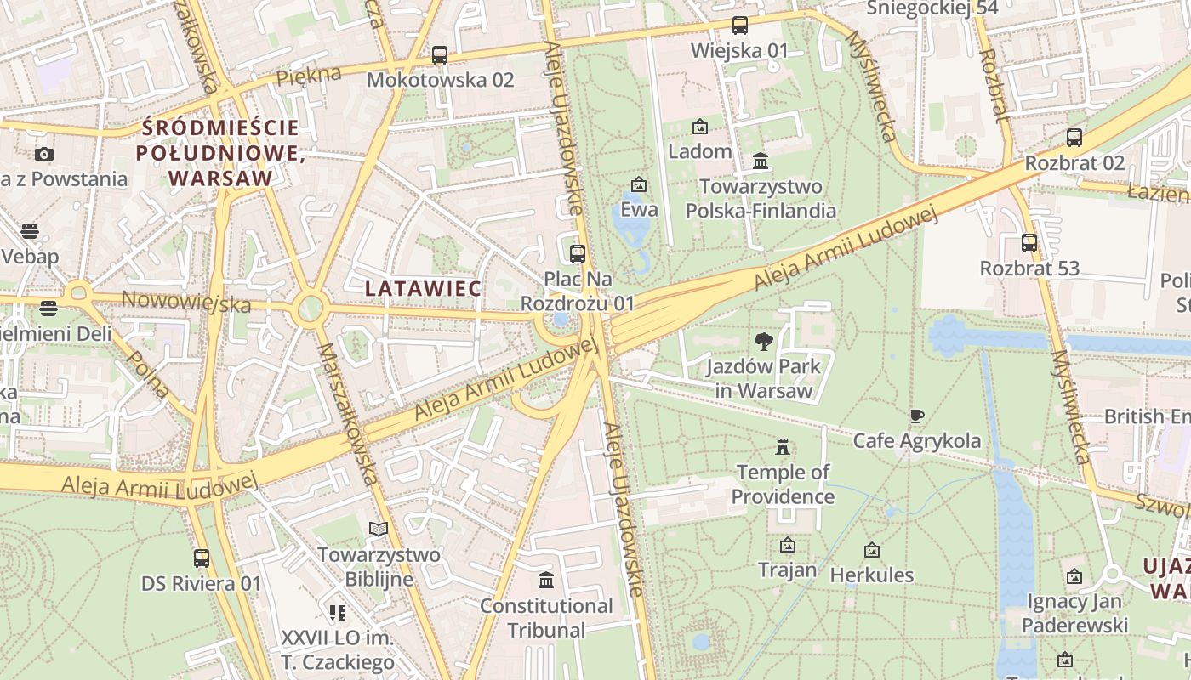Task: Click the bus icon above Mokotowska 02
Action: pos(439,55)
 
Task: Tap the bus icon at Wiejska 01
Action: pos(739,25)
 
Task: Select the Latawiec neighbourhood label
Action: pos(423,288)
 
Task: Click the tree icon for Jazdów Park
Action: pos(763,342)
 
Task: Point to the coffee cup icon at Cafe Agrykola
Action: pos(916,416)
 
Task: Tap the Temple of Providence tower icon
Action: pos(782,447)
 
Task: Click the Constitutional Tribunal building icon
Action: pos(546,581)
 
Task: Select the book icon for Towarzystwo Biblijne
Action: pos(379,529)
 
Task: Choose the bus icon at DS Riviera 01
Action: pos(202,558)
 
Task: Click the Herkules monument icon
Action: pos(871,550)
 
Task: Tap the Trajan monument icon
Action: pos(787,545)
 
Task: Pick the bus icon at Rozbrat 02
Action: pos(1074,138)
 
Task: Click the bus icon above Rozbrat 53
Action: pos(1029,243)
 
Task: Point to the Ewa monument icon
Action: pos(638,184)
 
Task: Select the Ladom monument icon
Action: pos(699,127)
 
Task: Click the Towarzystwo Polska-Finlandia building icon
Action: pos(761,161)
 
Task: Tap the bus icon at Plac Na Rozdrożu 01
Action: pos(578,253)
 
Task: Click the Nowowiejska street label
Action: pos(186,302)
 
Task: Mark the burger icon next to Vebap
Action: pos(30,231)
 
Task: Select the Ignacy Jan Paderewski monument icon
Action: pos(1074,576)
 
